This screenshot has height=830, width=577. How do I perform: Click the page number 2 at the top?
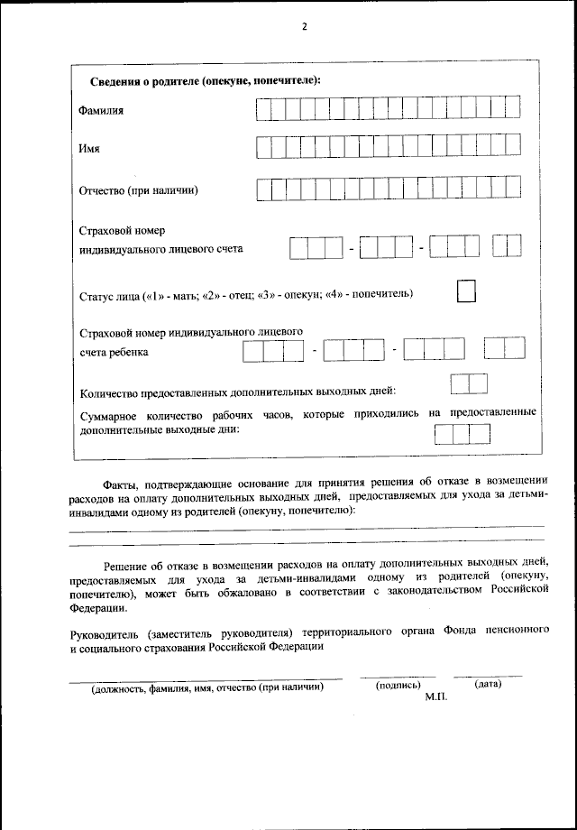pyautogui.click(x=305, y=27)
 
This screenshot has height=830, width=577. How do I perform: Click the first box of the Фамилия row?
pyautogui.click(x=263, y=109)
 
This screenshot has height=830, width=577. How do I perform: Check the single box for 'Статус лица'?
pyautogui.click(x=466, y=291)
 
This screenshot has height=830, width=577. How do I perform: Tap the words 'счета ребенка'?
pyautogui.click(x=114, y=353)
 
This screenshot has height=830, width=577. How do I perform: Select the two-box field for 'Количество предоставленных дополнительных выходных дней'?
pyautogui.click(x=469, y=383)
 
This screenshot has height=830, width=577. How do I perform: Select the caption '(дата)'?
pyautogui.click(x=487, y=686)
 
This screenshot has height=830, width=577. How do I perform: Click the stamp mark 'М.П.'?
pyautogui.click(x=435, y=699)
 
